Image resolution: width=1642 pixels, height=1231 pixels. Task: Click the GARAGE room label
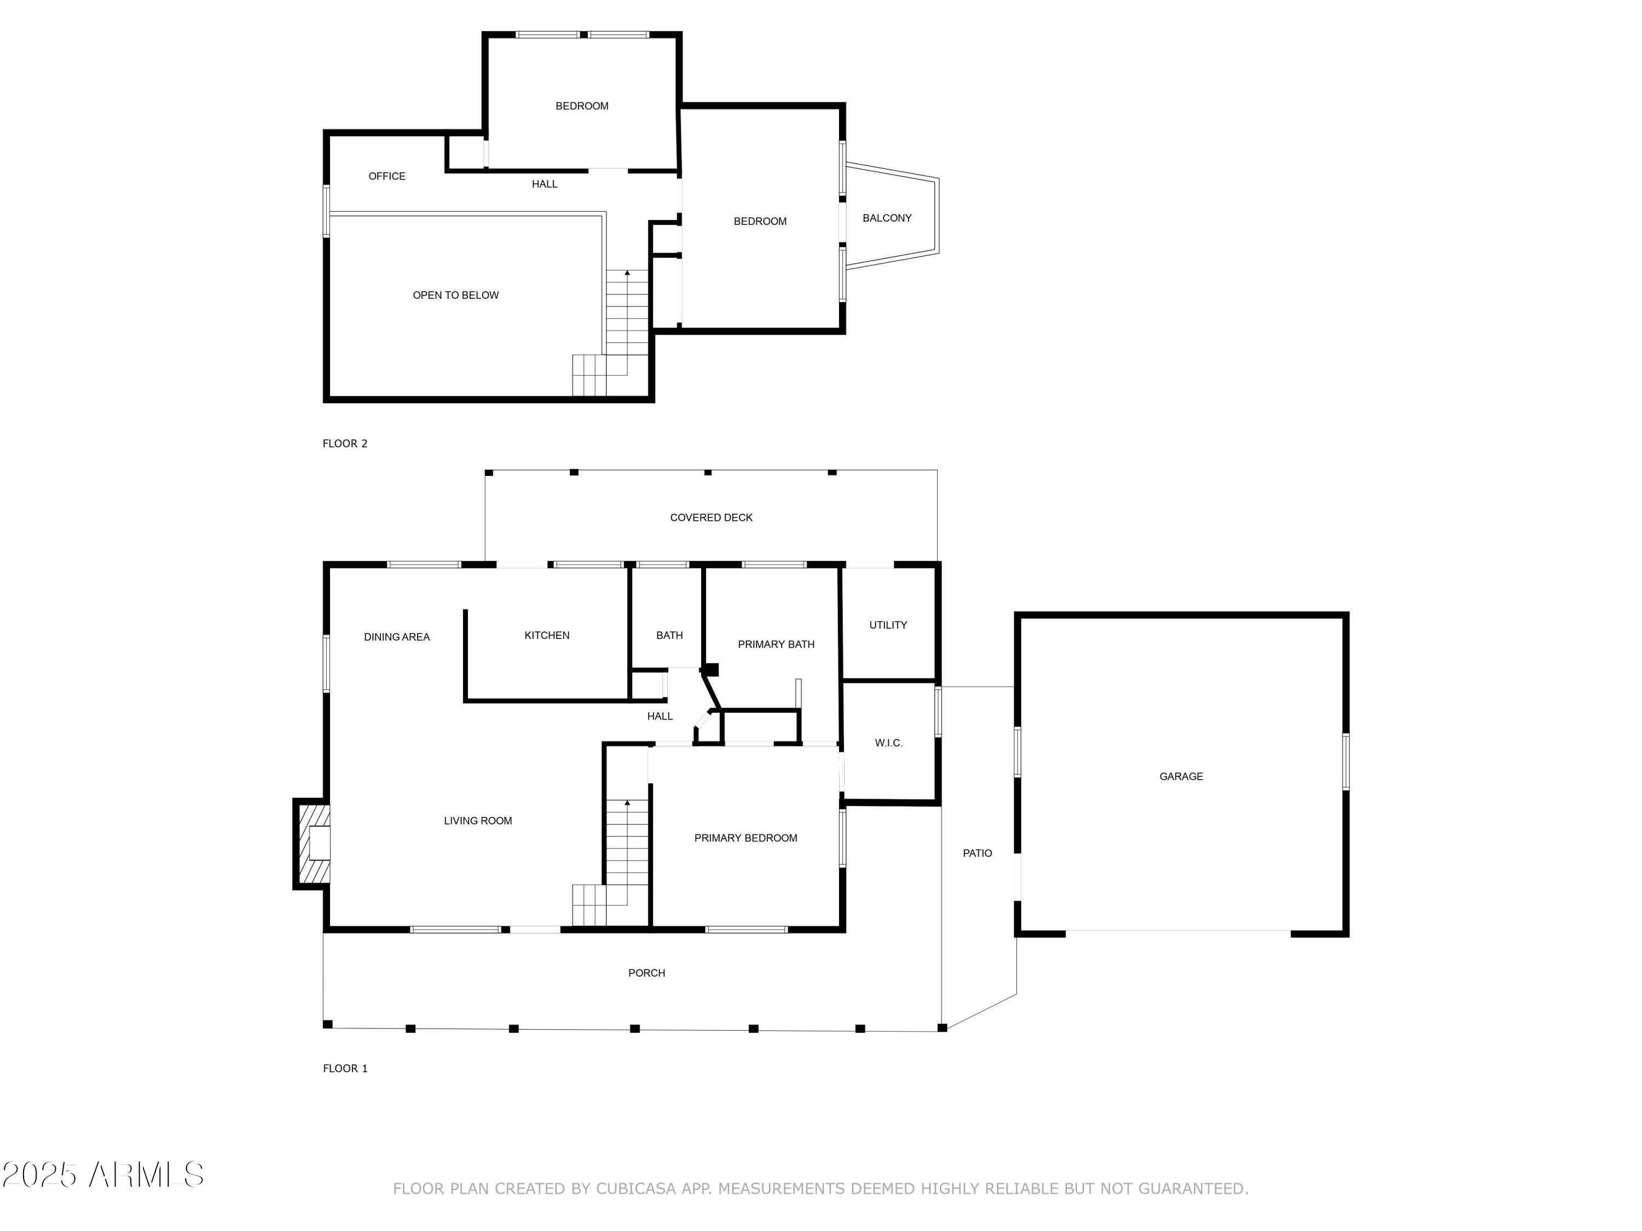point(1181,776)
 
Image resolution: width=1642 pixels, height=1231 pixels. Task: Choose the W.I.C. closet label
point(888,743)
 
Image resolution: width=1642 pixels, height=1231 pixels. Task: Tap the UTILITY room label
point(888,625)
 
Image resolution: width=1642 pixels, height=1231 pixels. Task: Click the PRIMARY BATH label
point(776,644)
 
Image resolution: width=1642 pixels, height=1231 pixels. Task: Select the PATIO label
point(977,852)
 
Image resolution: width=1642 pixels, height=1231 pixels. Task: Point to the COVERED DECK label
point(710,517)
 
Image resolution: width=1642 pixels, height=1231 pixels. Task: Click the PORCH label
point(646,973)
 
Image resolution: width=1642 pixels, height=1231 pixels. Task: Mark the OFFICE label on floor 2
point(387,176)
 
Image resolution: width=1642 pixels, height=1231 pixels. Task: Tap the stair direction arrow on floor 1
point(627,803)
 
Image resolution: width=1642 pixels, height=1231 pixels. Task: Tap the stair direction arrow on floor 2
point(627,273)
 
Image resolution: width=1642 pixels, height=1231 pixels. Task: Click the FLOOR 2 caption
point(344,443)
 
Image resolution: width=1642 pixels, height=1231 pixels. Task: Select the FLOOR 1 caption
point(344,1068)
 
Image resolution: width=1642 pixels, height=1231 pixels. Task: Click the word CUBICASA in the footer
point(636,1188)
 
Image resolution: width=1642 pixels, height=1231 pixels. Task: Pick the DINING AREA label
point(396,637)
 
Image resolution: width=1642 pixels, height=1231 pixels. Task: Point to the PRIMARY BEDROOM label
point(745,838)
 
